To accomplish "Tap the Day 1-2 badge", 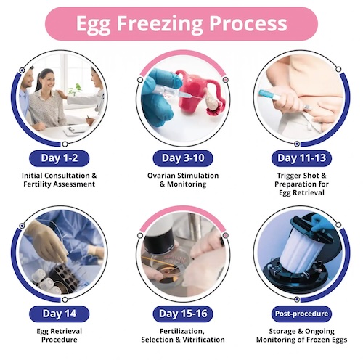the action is click(x=60, y=158).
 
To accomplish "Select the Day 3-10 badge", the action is click(x=183, y=158).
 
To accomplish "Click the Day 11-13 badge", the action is click(x=301, y=158).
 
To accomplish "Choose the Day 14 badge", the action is click(x=60, y=314).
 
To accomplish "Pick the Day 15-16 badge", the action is click(x=183, y=314).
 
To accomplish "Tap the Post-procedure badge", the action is click(x=301, y=314).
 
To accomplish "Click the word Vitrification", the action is click(x=203, y=340).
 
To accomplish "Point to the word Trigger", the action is click(x=290, y=176).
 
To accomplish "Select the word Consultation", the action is click(x=67, y=176).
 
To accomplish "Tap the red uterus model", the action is click(x=191, y=92).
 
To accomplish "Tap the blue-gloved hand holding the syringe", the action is click(x=158, y=97).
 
